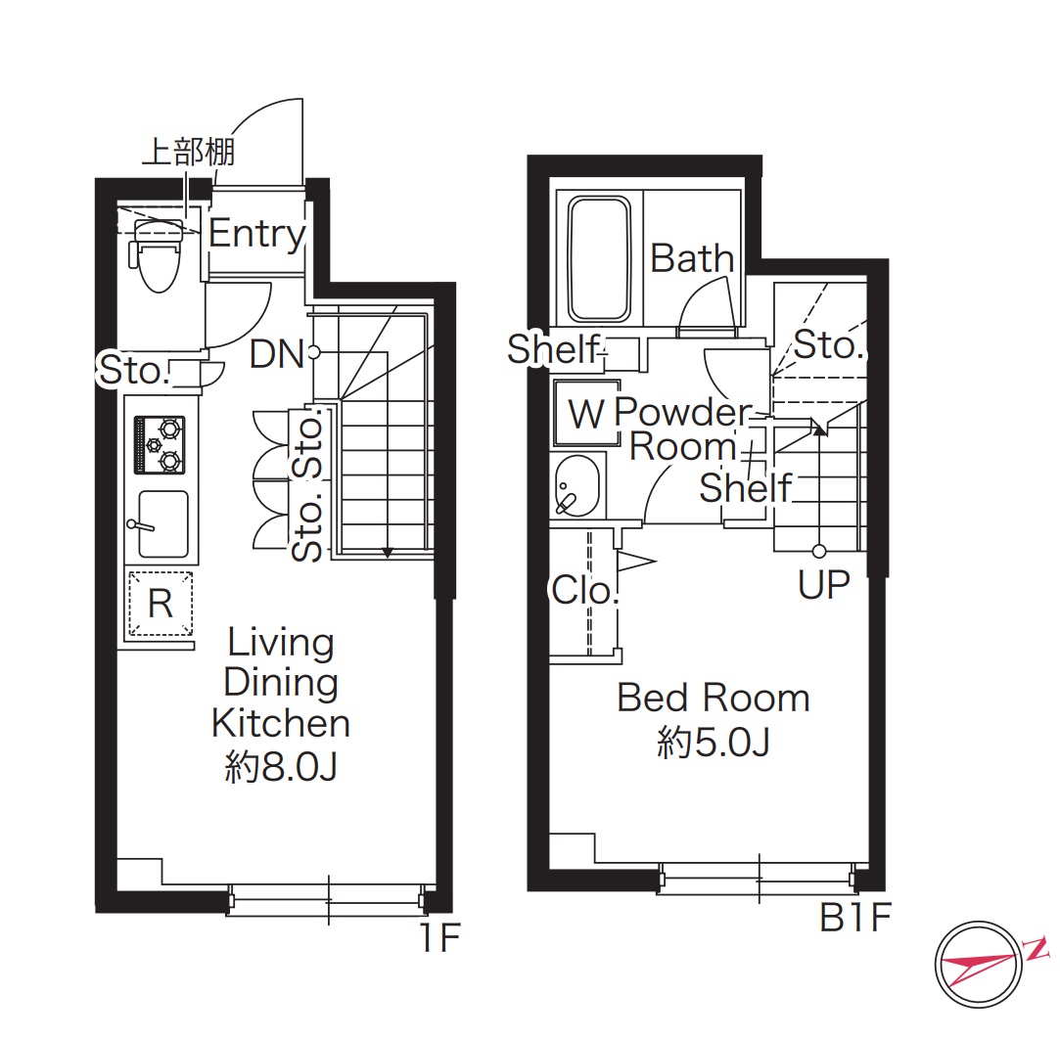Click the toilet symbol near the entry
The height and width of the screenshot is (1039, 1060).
tap(159, 254)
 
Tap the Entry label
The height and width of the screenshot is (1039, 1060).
tap(256, 235)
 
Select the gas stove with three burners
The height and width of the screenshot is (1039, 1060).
tap(161, 444)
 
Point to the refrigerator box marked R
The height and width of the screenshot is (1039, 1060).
tap(161, 604)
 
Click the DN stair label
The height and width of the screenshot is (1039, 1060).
tap(276, 354)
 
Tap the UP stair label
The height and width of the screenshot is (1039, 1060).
tap(823, 585)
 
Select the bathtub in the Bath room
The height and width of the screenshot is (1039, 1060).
tap(600, 258)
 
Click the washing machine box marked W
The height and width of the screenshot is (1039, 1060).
tap(587, 412)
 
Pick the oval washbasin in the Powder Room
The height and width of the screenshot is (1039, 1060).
tap(576, 485)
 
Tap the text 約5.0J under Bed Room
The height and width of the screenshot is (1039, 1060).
tap(714, 743)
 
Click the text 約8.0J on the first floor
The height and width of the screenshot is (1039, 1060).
tap(281, 767)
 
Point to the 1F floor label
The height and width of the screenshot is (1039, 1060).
tap(440, 937)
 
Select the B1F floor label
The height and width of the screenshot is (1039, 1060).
tap(855, 918)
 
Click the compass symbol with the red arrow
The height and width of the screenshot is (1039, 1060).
tap(979, 966)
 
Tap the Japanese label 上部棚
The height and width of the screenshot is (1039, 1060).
tap(189, 152)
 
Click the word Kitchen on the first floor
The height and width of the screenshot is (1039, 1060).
tap(281, 724)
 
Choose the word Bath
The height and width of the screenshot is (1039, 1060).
tap(692, 258)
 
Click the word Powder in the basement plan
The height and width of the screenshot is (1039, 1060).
tap(683, 412)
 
